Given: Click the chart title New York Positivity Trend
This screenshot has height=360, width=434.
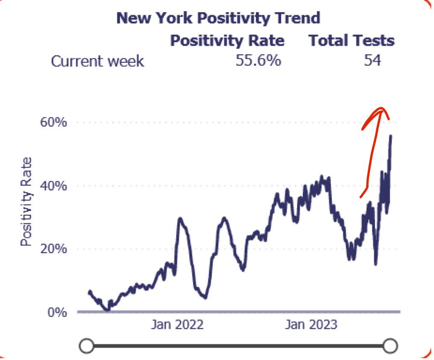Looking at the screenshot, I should point(218,18).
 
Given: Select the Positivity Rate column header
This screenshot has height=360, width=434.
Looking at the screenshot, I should point(227,41).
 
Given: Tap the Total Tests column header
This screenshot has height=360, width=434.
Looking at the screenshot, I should point(351,41).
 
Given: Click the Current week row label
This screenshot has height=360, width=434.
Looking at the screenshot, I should point(97,61).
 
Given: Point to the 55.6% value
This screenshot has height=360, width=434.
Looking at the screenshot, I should point(258,61).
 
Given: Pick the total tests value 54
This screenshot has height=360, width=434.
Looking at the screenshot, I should point(372,61).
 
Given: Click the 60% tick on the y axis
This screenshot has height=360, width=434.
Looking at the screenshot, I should point(54,123).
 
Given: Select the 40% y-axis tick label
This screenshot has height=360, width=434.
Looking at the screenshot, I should point(54,186).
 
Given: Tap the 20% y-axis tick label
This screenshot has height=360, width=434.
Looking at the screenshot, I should point(54,249).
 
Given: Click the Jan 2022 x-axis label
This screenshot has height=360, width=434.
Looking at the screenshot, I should point(177,325).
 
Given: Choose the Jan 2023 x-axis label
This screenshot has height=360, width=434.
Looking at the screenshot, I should point(311,325).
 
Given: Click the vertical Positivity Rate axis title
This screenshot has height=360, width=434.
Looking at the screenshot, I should point(26,202).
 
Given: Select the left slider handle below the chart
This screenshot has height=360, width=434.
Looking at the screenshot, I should point(87,345).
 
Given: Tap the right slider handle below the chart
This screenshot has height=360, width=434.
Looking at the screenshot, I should point(390,345).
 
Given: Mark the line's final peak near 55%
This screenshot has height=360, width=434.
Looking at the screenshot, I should point(390,136).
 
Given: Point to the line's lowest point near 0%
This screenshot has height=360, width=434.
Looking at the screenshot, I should point(107,310).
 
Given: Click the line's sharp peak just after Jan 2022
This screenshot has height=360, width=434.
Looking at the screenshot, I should point(180,219).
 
